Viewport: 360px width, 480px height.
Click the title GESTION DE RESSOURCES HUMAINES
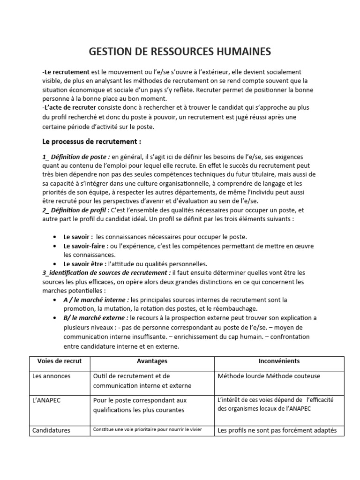point(180,52)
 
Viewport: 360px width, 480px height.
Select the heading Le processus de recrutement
point(91,141)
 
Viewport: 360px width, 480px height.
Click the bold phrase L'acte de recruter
point(67,107)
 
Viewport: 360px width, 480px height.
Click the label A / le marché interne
point(97,300)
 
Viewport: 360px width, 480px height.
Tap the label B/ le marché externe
point(96,317)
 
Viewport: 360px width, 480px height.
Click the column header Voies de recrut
point(60,361)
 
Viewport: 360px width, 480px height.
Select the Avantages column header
point(152,361)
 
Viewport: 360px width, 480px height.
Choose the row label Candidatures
point(51,430)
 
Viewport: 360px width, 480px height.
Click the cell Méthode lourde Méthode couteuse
point(269,376)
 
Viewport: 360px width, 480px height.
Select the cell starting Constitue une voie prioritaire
point(147,429)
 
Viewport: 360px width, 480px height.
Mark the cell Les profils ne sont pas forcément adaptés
point(277,430)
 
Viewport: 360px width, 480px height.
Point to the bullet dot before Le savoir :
point(56,237)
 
